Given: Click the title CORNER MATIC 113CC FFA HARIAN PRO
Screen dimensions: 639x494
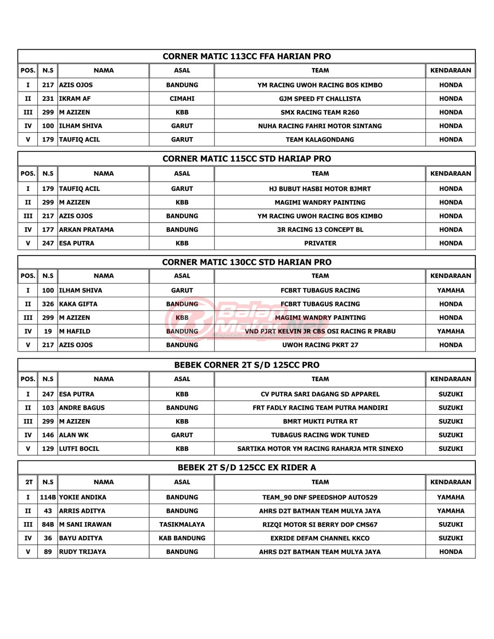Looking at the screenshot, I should pyautogui.click(x=246, y=56).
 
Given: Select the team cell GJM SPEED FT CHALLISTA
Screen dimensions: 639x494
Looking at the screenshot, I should pyautogui.click(x=320, y=99).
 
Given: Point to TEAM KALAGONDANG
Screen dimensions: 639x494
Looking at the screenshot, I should pyautogui.click(x=320, y=139).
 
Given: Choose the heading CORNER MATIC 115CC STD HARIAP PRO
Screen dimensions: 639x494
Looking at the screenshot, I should pyautogui.click(x=246, y=159).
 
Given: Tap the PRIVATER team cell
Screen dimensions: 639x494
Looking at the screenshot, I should pyautogui.click(x=320, y=243).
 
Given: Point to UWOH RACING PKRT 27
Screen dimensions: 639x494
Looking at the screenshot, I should pyautogui.click(x=320, y=345).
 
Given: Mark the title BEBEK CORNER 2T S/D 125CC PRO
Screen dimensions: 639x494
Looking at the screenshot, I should pyautogui.click(x=246, y=365).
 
